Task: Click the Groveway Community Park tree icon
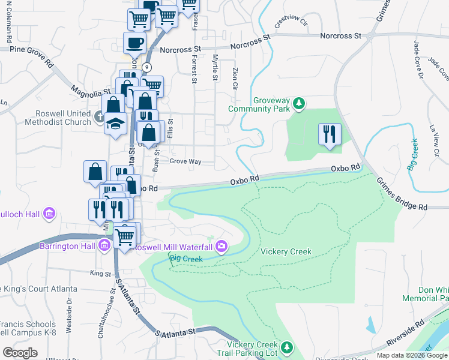pos(299,105)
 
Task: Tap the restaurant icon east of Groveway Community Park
pos(329,134)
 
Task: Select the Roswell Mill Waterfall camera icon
pos(222,246)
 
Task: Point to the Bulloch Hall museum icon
pos(49,214)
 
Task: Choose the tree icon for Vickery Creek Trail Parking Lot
pos(287,347)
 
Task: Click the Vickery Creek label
pos(286,252)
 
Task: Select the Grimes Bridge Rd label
pos(402,193)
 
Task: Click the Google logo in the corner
pos(20,352)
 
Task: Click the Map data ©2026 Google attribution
pos(412,355)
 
